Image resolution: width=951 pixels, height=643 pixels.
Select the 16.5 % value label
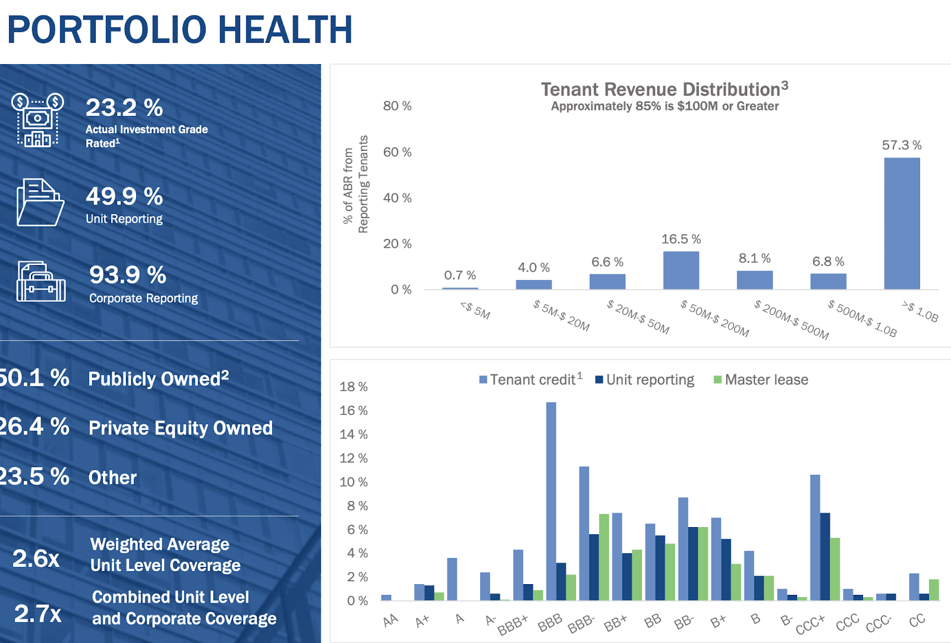(x=681, y=239)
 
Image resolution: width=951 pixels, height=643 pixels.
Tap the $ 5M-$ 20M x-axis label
(x=561, y=316)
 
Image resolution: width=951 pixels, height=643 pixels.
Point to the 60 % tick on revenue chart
(x=397, y=152)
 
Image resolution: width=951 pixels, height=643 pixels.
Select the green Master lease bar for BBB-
(x=604, y=557)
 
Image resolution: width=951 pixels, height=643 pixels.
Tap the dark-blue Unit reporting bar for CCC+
(x=825, y=556)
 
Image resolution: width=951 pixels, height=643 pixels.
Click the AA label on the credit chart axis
(x=391, y=620)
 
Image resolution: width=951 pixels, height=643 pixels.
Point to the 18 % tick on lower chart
(x=353, y=387)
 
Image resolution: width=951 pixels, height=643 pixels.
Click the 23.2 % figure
(x=124, y=108)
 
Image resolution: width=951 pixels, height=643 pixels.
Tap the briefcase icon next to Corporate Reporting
(x=40, y=282)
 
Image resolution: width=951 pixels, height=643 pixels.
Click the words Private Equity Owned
(x=180, y=428)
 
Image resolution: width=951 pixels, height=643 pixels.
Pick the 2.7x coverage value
(x=37, y=613)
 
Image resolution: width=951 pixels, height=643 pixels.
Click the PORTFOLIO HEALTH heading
(x=180, y=30)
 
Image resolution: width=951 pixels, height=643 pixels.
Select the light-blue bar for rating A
(x=452, y=579)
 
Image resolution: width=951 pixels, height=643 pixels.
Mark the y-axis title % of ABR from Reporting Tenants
(x=355, y=184)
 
